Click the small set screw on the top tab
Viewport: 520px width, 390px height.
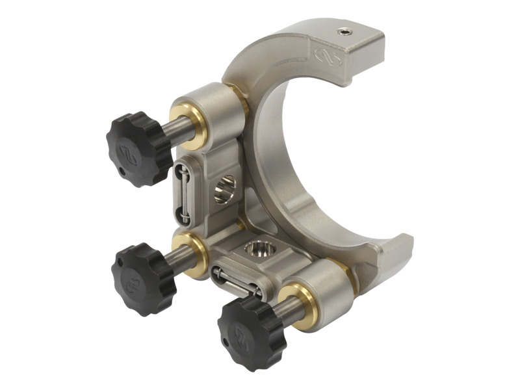[x=343, y=31]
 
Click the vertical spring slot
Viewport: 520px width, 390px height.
[x=183, y=192]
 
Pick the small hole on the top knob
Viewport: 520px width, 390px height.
[x=123, y=172]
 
